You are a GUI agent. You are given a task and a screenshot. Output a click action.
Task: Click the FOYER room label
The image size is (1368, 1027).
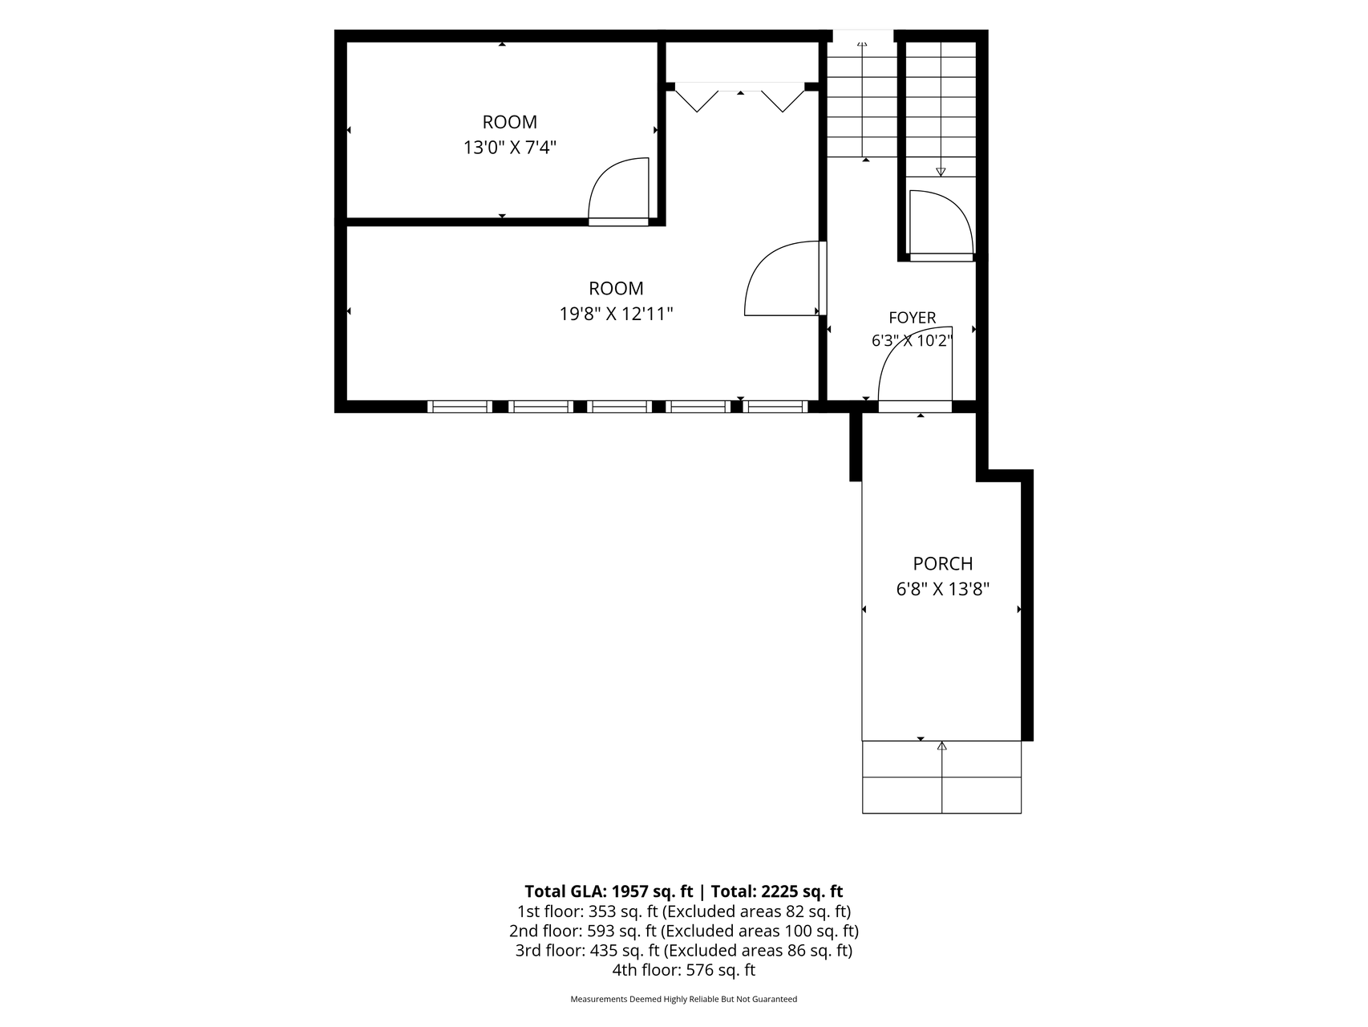(x=912, y=318)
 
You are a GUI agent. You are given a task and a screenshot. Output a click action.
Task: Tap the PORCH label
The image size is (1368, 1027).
(x=942, y=564)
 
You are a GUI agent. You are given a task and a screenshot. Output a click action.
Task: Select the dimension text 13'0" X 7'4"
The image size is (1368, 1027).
(x=510, y=148)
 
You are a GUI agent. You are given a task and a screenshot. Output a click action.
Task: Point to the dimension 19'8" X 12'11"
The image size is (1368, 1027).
(x=616, y=314)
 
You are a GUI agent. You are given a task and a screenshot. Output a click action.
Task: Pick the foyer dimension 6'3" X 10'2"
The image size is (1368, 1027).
(x=912, y=341)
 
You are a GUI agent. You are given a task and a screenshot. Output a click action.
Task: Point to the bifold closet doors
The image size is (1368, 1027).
(x=739, y=96)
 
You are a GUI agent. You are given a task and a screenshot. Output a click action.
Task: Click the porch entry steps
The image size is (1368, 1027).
(x=941, y=777)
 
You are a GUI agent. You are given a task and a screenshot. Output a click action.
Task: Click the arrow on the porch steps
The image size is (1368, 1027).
(x=941, y=777)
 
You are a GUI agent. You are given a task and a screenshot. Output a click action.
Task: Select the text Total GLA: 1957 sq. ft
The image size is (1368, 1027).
(x=609, y=891)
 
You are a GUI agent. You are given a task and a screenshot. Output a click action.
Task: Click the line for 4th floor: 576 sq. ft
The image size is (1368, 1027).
(x=683, y=970)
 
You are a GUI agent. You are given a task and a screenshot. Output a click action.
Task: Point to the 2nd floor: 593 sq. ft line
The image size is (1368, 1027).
(x=683, y=931)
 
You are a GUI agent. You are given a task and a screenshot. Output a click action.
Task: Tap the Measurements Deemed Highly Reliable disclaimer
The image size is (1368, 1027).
(x=683, y=1000)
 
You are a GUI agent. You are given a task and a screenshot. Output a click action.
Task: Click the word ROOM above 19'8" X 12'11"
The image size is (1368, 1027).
(x=616, y=289)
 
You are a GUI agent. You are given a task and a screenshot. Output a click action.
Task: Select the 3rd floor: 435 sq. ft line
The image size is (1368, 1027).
(x=683, y=951)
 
